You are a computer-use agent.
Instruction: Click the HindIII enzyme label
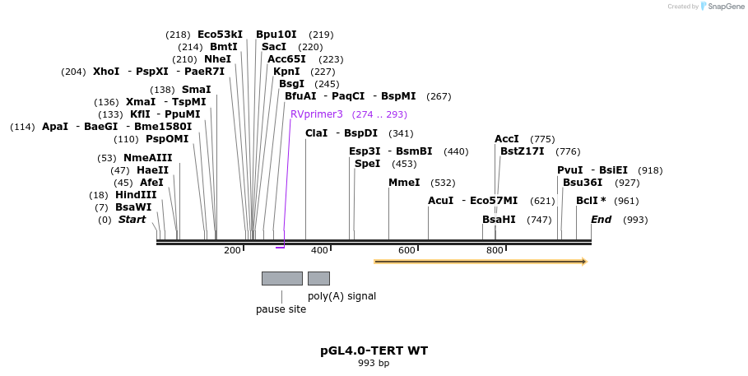136,195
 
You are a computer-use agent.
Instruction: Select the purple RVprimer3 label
316,114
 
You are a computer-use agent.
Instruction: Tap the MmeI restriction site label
404,183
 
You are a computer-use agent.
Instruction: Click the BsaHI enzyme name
499,220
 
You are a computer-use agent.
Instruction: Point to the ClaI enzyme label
316,133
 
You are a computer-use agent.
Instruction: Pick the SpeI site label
368,164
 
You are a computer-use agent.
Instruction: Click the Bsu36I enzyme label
583,183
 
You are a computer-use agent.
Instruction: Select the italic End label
601,220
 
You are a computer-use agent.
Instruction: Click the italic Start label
132,220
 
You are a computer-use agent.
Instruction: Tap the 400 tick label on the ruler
319,250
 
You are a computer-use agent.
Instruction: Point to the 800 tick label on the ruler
495,250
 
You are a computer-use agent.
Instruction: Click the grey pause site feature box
281,278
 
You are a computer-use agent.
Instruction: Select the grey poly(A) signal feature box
318,278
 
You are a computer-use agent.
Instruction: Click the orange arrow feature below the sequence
480,262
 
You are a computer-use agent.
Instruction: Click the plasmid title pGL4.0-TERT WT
374,350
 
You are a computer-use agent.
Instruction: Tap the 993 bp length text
374,363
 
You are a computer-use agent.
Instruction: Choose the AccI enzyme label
507,139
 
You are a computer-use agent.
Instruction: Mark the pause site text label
281,309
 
